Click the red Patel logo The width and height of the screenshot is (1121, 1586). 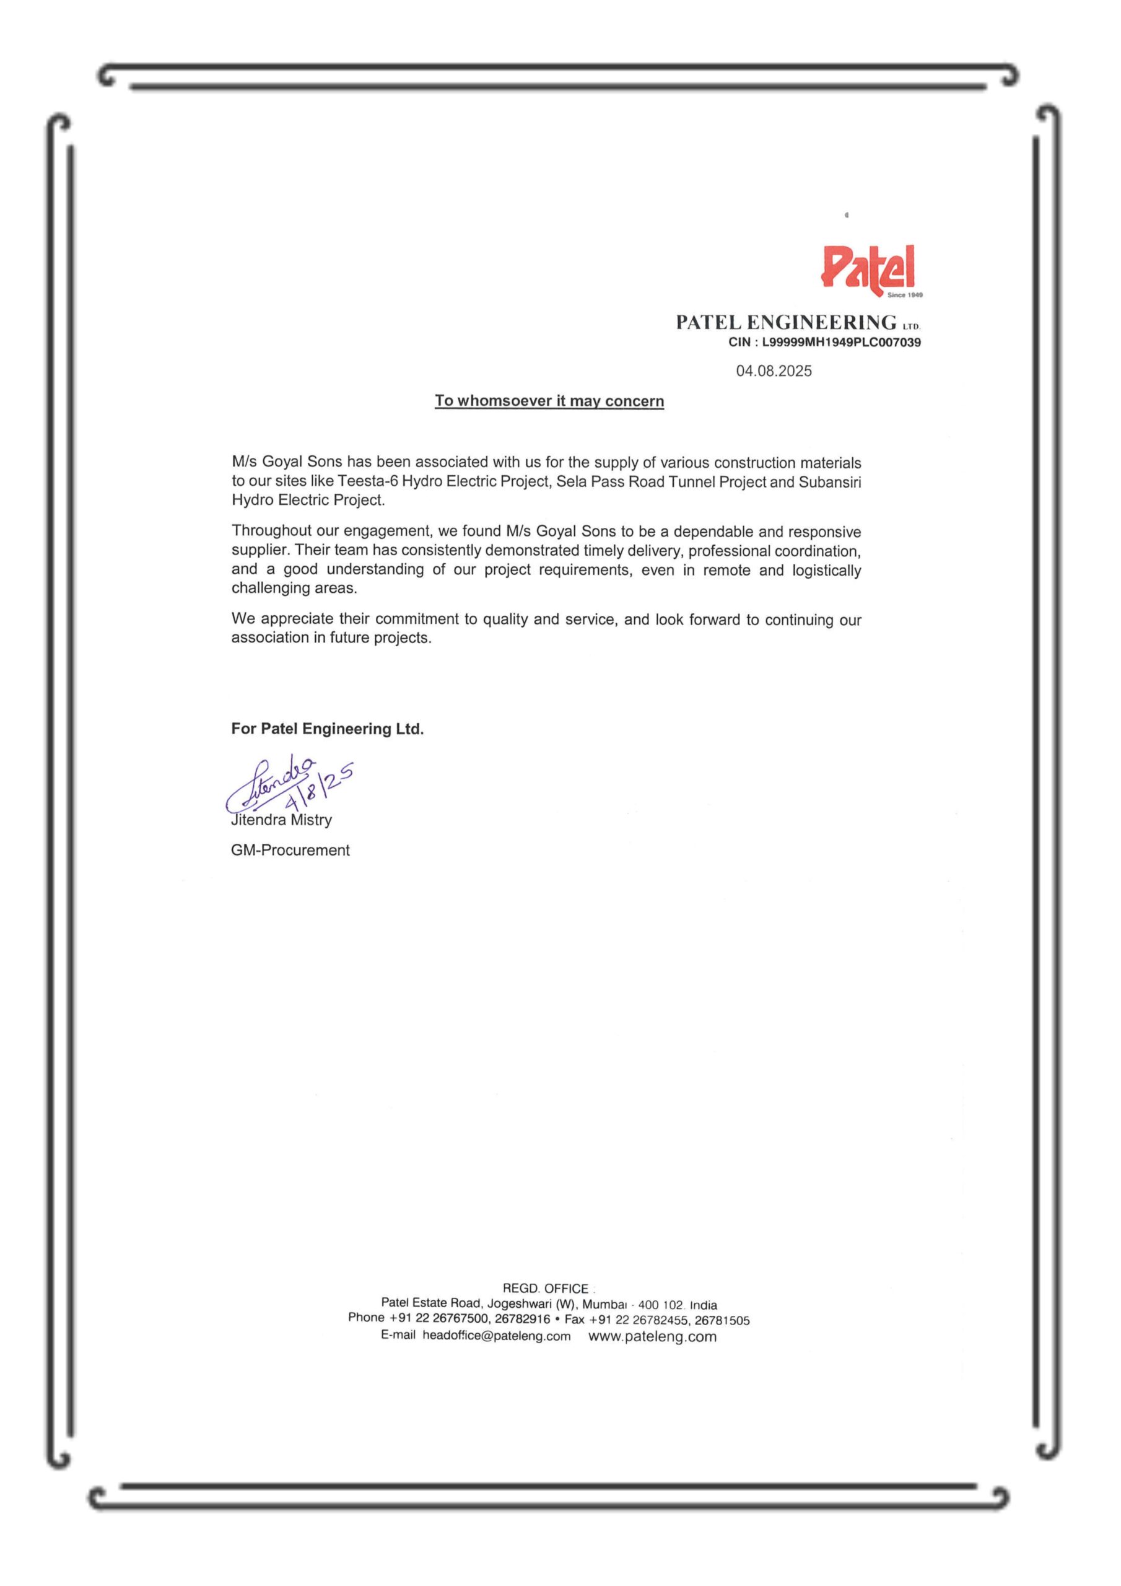869,268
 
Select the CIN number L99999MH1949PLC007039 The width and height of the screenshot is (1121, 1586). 840,343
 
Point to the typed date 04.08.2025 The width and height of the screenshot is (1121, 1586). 774,372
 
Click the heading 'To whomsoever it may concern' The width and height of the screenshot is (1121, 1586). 549,401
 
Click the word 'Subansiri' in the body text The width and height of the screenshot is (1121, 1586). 829,481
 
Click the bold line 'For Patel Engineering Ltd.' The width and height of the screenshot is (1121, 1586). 328,729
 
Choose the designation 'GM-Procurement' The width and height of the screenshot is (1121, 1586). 290,851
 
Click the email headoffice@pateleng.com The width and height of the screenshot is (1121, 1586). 497,1336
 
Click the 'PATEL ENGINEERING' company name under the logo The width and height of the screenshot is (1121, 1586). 786,323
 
